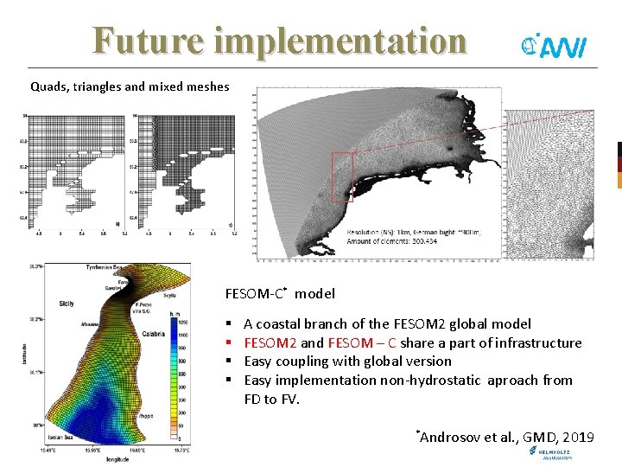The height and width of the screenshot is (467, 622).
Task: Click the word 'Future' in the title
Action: [142, 40]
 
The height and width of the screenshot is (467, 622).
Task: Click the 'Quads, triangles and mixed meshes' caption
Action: [130, 86]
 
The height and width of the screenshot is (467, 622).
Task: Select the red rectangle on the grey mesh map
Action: [341, 176]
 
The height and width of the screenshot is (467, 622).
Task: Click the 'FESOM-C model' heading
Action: [279, 294]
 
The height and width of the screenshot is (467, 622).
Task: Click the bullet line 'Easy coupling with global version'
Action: [347, 361]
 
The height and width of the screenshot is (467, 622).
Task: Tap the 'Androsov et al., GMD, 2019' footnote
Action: [506, 437]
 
